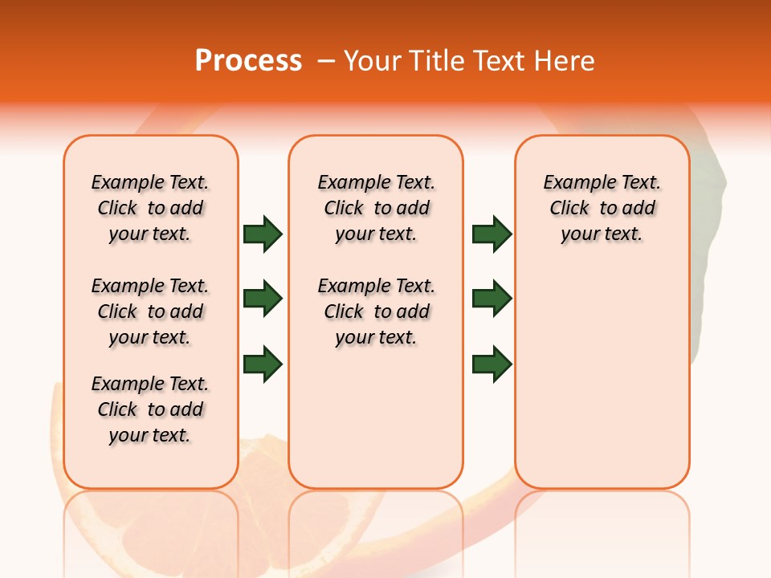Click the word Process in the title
248,61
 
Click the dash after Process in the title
325,62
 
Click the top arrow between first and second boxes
263,234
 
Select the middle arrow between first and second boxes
263,299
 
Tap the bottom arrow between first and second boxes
263,364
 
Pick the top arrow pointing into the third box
492,234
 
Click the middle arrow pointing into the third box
492,299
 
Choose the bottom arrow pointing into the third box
492,364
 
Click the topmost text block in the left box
150,208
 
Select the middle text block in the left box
150,311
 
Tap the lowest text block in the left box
150,409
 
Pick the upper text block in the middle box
376,208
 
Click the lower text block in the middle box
376,311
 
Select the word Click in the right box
569,209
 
